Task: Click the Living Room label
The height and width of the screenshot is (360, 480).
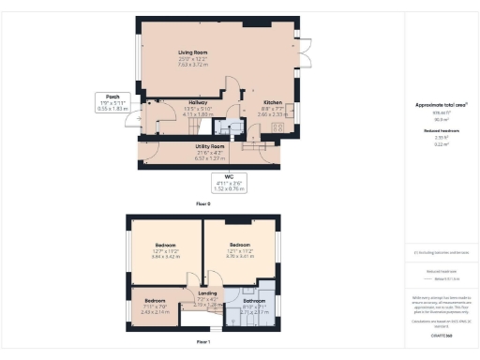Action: tap(193, 52)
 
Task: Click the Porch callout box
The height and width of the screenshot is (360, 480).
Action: tap(112, 102)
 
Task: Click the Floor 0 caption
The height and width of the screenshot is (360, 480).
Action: tap(202, 202)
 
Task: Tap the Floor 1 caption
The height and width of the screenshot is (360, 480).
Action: tap(202, 343)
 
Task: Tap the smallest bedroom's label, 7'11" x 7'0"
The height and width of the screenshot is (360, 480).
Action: tap(156, 301)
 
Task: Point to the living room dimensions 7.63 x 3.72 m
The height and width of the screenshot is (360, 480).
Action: tap(193, 66)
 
